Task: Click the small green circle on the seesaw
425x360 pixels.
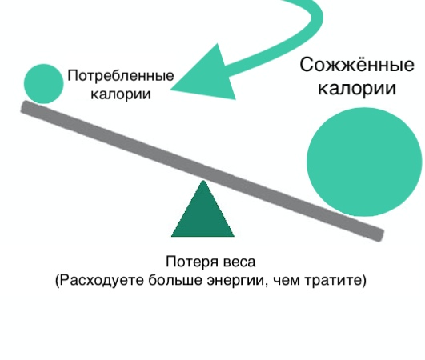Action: tap(44, 84)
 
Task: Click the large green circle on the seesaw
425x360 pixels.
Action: tap(364, 162)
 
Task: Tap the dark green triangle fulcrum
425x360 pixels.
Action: tap(202, 209)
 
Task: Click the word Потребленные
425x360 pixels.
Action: tap(121, 76)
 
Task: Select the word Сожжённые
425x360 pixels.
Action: tap(357, 65)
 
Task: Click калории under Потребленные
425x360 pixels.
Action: tap(121, 94)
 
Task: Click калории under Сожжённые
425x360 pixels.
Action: tap(357, 88)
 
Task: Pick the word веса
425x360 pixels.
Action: tap(239, 262)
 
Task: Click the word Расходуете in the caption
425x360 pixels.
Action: tap(102, 280)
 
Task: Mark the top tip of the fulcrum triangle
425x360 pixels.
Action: tap(203, 181)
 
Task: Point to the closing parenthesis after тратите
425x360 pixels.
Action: tap(363, 280)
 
